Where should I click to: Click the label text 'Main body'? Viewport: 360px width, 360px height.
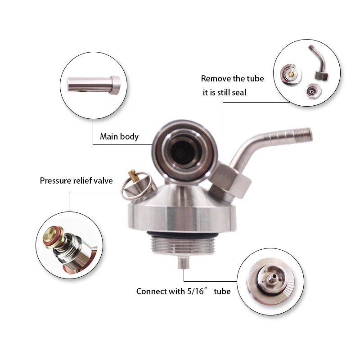click(119, 136)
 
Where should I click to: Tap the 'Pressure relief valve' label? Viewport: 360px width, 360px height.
click(76, 181)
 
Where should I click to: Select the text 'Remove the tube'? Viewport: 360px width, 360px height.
click(232, 79)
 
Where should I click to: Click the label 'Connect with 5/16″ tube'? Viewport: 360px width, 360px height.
click(183, 292)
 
